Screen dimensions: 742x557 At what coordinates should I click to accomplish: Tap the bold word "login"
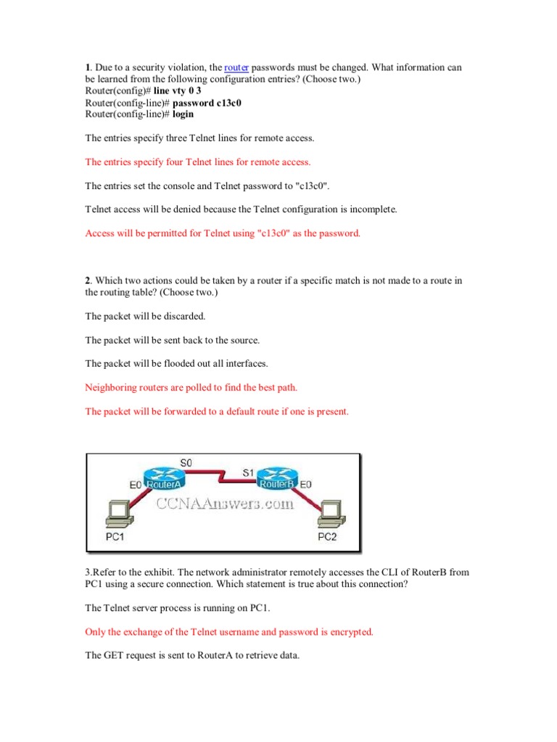[183, 114]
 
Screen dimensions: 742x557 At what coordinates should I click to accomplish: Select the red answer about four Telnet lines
[198, 162]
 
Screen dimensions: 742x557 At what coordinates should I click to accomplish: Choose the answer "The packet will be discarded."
[145, 316]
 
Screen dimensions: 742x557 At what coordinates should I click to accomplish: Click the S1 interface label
[248, 472]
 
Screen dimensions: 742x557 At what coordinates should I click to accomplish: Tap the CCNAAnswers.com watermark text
[222, 503]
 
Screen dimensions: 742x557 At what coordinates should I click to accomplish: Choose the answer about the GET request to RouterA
[192, 656]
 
